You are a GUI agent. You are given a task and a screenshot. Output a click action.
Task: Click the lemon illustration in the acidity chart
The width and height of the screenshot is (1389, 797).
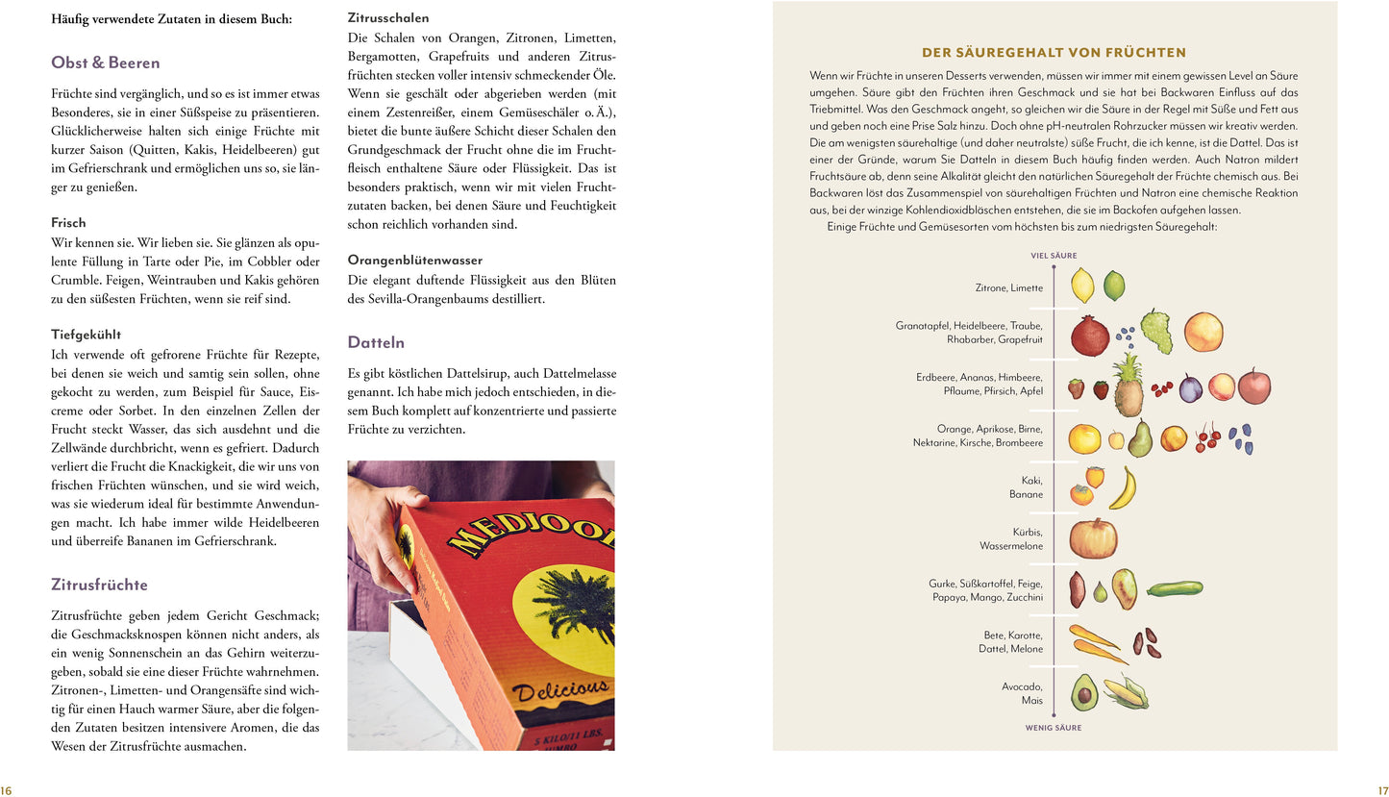pos(1082,285)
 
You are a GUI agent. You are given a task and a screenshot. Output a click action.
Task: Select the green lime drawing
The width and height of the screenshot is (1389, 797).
pos(1114,286)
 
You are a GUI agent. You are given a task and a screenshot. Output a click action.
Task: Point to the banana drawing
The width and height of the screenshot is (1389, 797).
pos(1123,488)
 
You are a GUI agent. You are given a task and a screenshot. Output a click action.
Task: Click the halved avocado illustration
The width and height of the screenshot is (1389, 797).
pos(1084,691)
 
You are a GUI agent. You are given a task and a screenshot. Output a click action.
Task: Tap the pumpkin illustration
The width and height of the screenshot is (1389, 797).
pos(1093,537)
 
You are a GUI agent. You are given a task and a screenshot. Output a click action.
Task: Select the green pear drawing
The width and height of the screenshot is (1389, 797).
pos(1140,438)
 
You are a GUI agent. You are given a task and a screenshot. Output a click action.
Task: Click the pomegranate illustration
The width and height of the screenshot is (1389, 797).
pos(1090,335)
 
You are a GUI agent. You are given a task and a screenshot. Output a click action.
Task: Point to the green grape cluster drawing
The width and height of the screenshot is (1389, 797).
pos(1157,331)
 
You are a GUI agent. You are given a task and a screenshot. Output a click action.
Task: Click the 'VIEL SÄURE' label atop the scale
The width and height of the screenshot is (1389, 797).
pos(1054,256)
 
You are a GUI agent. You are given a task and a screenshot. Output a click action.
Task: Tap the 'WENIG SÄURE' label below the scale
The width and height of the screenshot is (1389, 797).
pos(1054,728)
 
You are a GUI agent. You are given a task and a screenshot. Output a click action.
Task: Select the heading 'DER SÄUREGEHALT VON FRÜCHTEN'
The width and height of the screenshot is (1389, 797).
pos(1054,53)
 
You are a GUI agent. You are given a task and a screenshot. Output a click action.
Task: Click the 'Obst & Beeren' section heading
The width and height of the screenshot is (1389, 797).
pos(106,63)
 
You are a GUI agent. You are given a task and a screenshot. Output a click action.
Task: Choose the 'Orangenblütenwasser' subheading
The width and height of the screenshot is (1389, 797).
pos(415,261)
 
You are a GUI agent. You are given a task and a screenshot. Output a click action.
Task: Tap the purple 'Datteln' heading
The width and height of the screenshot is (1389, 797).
pos(376,342)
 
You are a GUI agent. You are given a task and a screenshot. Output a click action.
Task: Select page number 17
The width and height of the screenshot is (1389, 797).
pos(1381,790)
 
